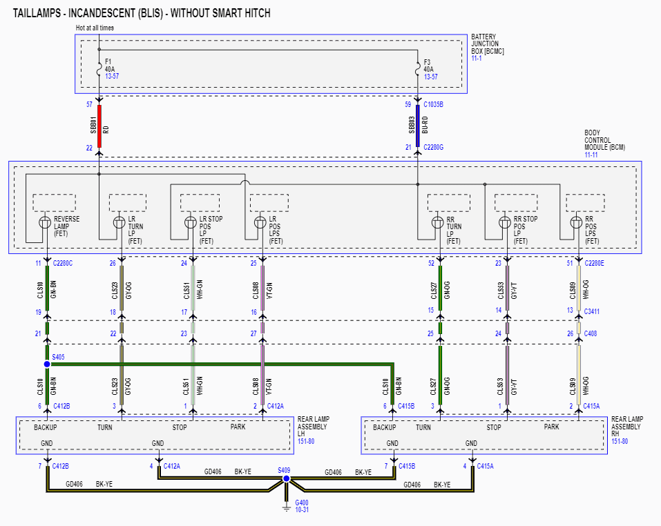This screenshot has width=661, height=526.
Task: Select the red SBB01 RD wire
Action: pyautogui.click(x=99, y=126)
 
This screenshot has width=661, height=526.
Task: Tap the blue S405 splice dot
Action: pyautogui.click(x=47, y=364)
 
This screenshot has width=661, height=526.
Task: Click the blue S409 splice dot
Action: pyautogui.click(x=286, y=478)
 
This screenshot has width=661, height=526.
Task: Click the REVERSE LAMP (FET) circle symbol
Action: pyautogui.click(x=46, y=222)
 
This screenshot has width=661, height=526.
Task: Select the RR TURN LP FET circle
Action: pyautogui.click(x=437, y=222)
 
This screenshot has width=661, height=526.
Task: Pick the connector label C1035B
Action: pyautogui.click(x=434, y=105)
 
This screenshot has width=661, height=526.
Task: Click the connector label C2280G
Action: pyautogui.click(x=434, y=147)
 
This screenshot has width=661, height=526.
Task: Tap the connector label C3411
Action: pyautogui.click(x=592, y=311)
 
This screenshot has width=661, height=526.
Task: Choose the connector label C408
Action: pyautogui.click(x=590, y=333)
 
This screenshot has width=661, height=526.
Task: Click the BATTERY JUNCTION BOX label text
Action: pyautogui.click(x=487, y=44)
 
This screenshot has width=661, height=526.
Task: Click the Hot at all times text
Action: pyautogui.click(x=95, y=28)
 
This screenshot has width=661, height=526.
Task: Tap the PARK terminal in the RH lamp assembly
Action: pyautogui.click(x=551, y=427)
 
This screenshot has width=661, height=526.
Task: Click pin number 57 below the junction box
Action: pyautogui.click(x=89, y=105)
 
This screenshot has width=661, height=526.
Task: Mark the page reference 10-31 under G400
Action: pyautogui.click(x=302, y=509)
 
